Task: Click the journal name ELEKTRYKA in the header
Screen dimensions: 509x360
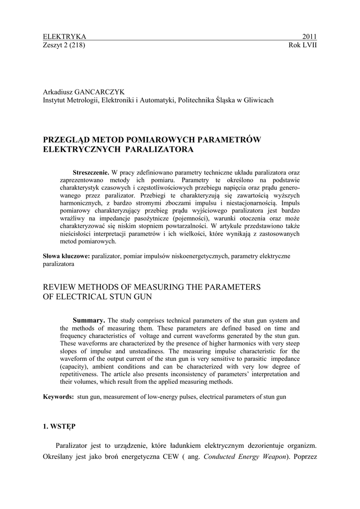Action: pyautogui.click(x=65, y=37)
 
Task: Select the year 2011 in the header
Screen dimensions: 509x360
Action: pyautogui.click(x=309, y=37)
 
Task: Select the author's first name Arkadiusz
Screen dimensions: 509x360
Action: pyautogui.click(x=59, y=92)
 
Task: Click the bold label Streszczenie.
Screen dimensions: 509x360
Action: pyautogui.click(x=90, y=172)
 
